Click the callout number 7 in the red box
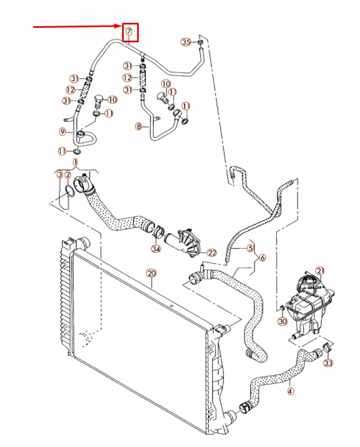pyautogui.click(x=129, y=31)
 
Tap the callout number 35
pyautogui.click(x=186, y=42)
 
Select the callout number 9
pyautogui.click(x=63, y=131)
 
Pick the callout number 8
pyautogui.click(x=139, y=126)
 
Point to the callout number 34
pyautogui.click(x=156, y=248)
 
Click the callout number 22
pyautogui.click(x=211, y=252)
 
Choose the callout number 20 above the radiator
pyautogui.click(x=150, y=273)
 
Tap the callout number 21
pyautogui.click(x=320, y=271)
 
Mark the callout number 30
pyautogui.click(x=282, y=321)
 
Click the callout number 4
pyautogui.click(x=290, y=391)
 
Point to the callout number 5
pyautogui.click(x=251, y=248)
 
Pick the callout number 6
pyautogui.click(x=262, y=257)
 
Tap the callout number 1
pyautogui.click(x=75, y=162)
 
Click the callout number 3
pyautogui.click(x=60, y=174)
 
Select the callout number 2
pyautogui.click(x=67, y=174)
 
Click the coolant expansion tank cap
pyautogui.click(x=307, y=280)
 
